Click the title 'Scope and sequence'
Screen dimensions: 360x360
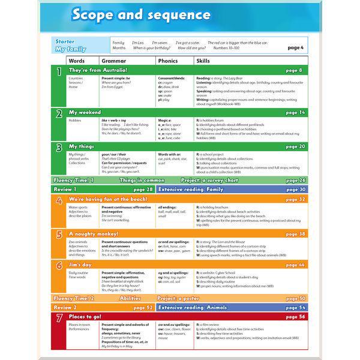pos(141,14)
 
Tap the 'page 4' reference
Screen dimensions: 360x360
pos(296,47)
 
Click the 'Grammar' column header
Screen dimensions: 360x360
pos(114,61)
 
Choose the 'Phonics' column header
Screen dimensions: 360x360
pos(168,61)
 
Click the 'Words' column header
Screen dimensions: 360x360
pos(77,61)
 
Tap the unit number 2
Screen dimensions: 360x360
pos(59,114)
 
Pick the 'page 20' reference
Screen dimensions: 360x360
pos(295,146)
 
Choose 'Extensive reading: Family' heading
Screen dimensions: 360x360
pos(191,189)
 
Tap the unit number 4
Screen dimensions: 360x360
pos(59,201)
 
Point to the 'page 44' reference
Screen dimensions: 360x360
pos(295,265)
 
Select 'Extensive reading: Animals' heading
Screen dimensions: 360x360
pos(193,307)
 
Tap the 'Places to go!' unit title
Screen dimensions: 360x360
pos(85,316)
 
